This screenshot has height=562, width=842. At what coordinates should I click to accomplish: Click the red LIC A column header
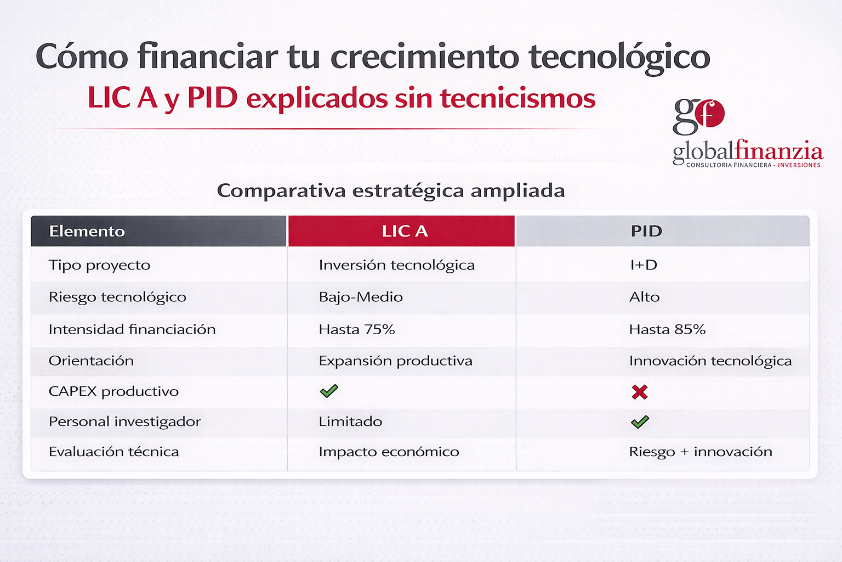(401, 231)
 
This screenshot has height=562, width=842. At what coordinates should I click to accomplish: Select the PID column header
(662, 231)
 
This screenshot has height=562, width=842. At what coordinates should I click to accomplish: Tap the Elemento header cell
(158, 231)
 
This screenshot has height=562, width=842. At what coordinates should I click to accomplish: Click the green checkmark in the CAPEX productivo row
(329, 391)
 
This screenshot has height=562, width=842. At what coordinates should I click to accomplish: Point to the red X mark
(639, 392)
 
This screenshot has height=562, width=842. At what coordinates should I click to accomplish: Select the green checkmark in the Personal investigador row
(640, 422)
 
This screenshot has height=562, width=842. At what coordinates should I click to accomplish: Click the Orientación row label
(91, 361)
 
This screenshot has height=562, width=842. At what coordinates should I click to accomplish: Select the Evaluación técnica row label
(114, 451)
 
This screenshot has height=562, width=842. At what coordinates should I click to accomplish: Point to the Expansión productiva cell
(395, 361)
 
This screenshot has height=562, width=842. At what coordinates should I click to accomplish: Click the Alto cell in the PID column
(644, 297)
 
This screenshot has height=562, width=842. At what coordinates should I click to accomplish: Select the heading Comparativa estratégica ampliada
(391, 191)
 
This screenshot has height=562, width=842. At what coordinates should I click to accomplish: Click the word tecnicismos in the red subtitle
(517, 98)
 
